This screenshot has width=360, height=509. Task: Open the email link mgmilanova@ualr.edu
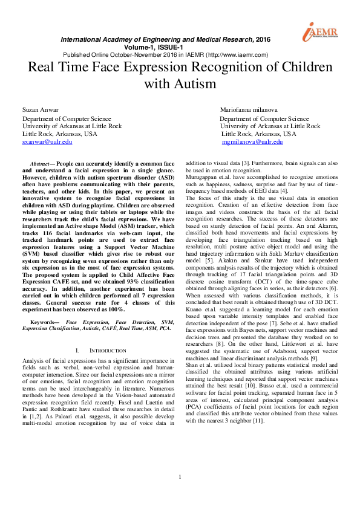pyautogui.click(x=252, y=142)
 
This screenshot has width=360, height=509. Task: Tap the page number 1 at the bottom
pyautogui.click(x=180, y=494)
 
